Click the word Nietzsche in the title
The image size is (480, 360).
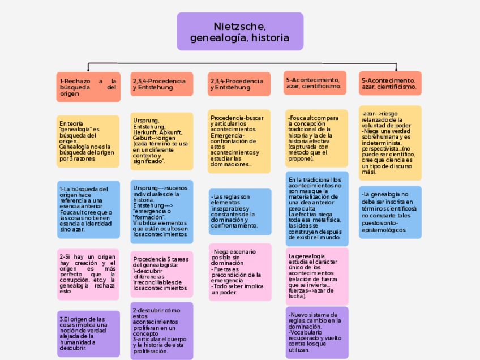pos(240,27)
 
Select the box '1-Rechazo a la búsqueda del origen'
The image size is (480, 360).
pos(88,87)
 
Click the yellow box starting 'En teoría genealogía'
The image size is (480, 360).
pos(88,142)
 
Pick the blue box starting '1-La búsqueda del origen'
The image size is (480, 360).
pos(88,209)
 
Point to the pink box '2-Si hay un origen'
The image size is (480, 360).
pos(88,274)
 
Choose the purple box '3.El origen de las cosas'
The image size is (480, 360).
pos(88,334)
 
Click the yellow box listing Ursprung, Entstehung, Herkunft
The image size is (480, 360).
pos(162,141)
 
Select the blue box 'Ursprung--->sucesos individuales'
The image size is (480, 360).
pos(162,210)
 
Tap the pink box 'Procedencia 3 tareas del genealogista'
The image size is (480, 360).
pos(162,274)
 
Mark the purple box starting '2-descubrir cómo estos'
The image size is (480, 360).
pos(162,331)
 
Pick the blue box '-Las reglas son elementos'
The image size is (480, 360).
pos(239,212)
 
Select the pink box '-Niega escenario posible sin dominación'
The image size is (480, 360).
pos(239,272)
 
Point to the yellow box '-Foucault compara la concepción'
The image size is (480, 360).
pos(316,139)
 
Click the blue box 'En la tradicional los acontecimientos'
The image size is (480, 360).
pos(316,209)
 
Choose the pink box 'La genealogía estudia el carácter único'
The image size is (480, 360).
pos(316,276)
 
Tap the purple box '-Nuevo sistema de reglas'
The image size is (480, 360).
pos(316,332)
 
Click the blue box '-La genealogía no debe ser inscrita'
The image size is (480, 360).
pos(390,212)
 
